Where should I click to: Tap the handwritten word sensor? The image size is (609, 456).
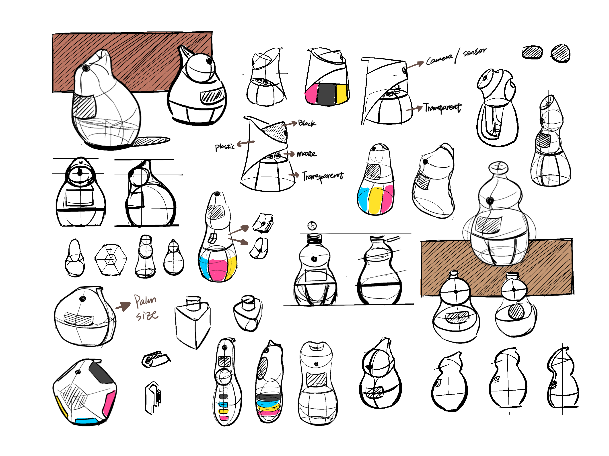click(474, 52)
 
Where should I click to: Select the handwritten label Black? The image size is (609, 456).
click(307, 123)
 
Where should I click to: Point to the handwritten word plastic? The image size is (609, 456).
click(225, 146)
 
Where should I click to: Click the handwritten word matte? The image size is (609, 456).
click(307, 153)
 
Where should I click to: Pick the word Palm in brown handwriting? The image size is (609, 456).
click(145, 301)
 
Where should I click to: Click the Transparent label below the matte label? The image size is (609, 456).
click(323, 176)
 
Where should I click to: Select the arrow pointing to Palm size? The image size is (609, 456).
click(123, 306)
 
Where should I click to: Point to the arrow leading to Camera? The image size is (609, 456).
click(415, 65)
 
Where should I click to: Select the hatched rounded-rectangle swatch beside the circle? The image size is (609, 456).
click(532, 52)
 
